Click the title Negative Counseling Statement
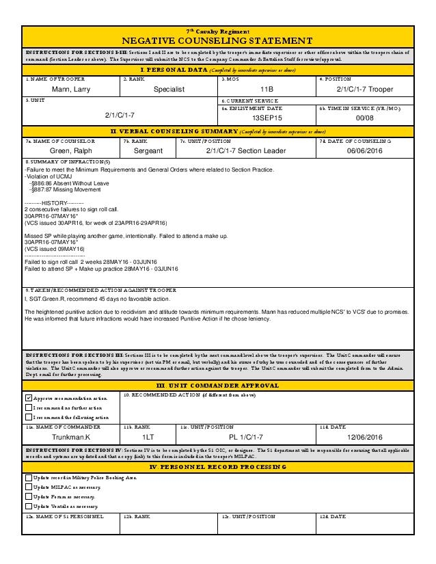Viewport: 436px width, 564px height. (218, 41)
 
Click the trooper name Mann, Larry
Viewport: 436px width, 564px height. (70, 90)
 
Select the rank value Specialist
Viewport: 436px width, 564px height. (169, 90)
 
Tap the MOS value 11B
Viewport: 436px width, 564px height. (267, 90)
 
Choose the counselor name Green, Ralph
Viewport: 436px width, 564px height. (70, 150)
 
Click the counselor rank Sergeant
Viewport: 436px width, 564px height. (148, 150)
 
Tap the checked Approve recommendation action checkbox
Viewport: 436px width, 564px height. (28, 398)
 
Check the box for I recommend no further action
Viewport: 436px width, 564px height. (28, 407)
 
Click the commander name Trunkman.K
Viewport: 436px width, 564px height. (71, 436)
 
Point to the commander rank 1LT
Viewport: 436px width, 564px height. (148, 436)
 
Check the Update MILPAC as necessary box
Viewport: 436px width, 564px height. (28, 487)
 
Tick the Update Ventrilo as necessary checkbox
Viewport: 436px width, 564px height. (28, 506)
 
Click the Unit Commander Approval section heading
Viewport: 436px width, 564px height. (218, 386)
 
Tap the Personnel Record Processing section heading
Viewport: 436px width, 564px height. (218, 466)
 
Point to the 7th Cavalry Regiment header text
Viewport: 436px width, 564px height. (218, 31)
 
